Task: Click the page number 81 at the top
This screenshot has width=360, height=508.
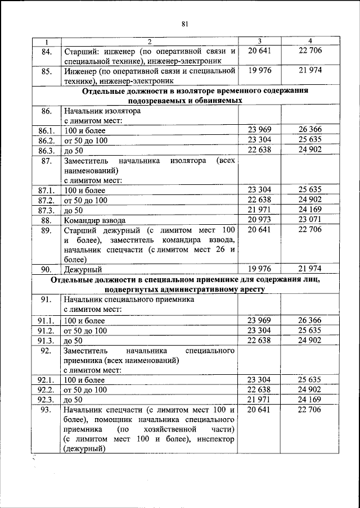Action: [184, 24]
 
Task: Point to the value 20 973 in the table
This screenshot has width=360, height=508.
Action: [259, 219]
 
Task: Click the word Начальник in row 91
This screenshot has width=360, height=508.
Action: [84, 300]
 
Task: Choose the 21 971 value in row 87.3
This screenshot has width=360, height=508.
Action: [259, 210]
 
